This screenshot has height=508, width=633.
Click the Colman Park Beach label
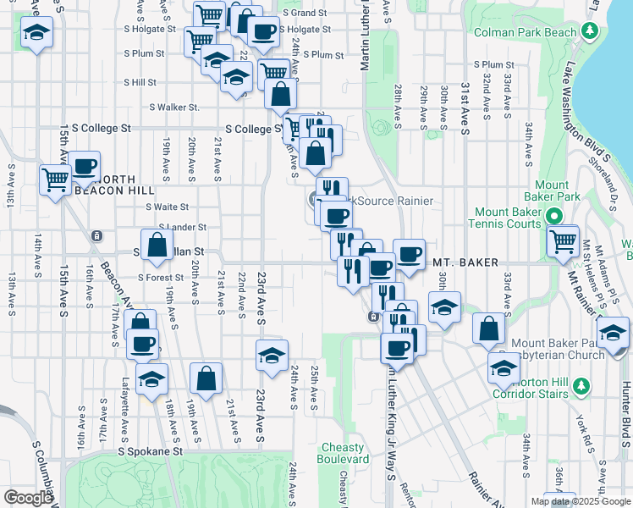(x=525, y=33)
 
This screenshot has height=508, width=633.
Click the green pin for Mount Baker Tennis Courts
(x=554, y=216)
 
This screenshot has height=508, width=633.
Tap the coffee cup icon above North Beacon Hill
(x=85, y=166)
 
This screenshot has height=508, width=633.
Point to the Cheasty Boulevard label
(x=345, y=453)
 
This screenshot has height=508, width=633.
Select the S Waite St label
(x=167, y=207)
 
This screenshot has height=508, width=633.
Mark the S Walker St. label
(x=174, y=108)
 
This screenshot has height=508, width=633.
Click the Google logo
(x=28, y=498)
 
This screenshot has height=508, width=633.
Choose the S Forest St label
(x=161, y=277)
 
